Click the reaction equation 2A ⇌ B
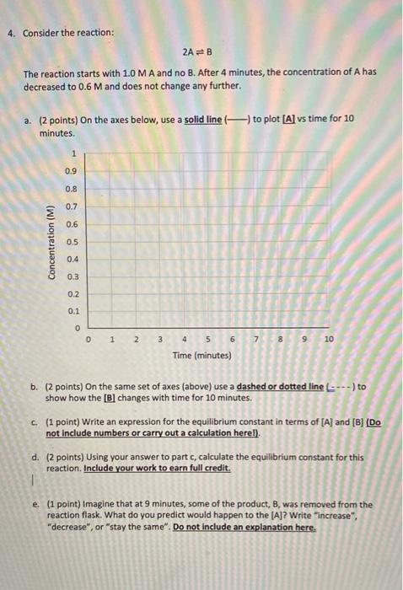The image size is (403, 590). pyautogui.click(x=201, y=51)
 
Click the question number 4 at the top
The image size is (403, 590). pyautogui.click(x=9, y=34)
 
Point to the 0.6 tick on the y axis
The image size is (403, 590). pyautogui.click(x=71, y=224)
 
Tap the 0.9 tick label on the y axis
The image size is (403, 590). pyautogui.click(x=71, y=172)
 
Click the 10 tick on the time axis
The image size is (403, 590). pyautogui.click(x=329, y=338)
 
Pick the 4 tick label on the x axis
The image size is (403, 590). pyautogui.click(x=184, y=338)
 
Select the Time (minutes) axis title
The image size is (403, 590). pyautogui.click(x=201, y=355)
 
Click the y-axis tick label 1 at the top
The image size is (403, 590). pyautogui.click(x=74, y=154)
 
